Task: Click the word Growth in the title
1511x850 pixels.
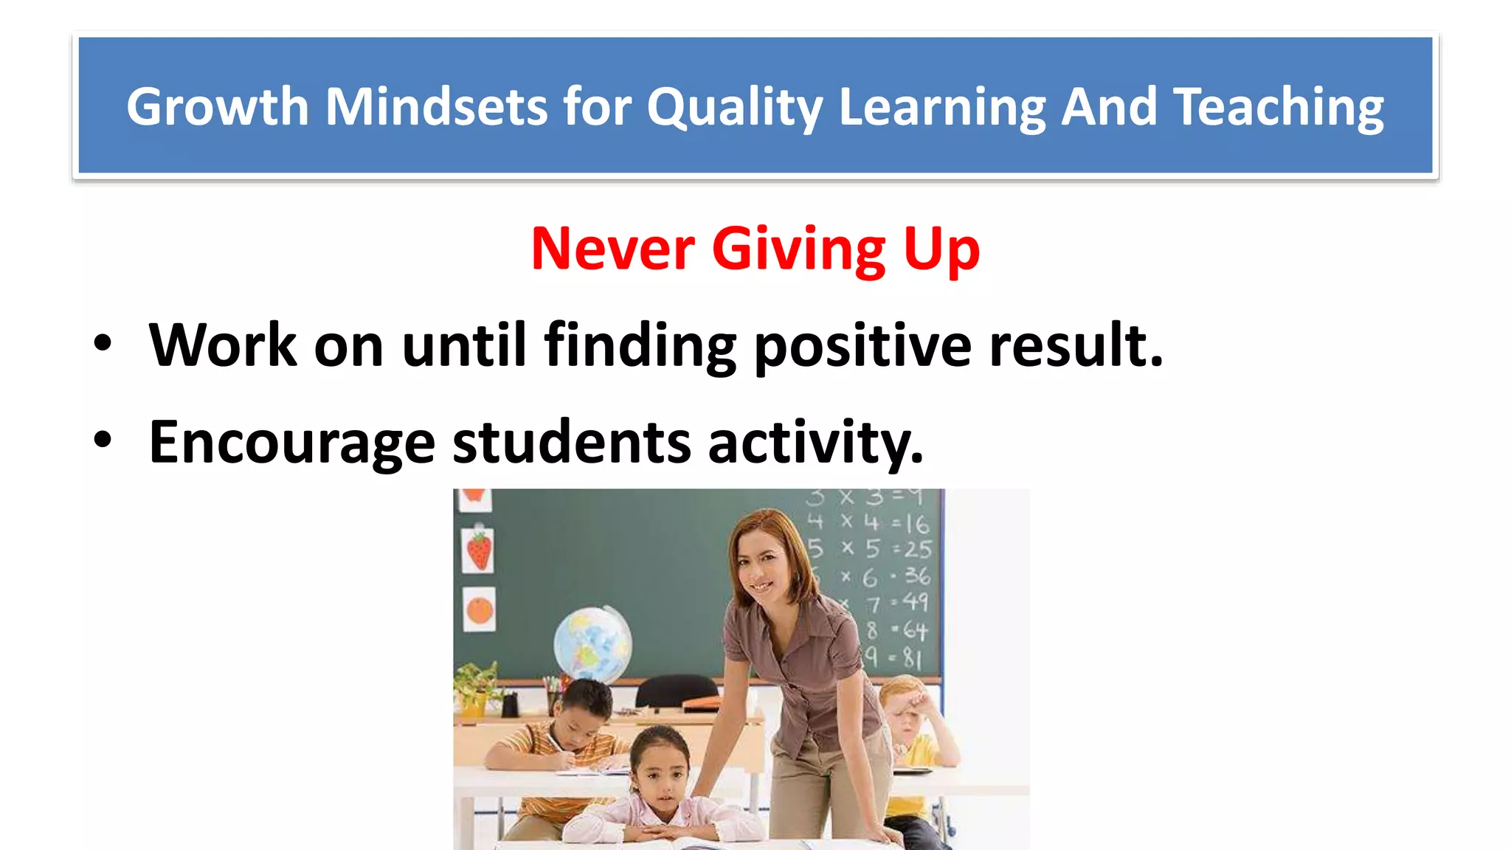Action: pos(217,107)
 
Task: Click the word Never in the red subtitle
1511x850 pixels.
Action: pos(612,249)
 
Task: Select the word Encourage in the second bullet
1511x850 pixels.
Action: pos(292,443)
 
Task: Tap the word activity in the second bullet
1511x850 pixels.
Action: pos(815,443)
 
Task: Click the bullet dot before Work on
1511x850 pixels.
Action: pos(103,344)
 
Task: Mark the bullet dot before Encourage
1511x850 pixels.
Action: pos(103,440)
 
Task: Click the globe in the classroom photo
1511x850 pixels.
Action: pos(592,642)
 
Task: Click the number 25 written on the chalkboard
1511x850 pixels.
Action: pos(918,550)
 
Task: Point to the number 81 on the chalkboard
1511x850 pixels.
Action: pos(912,657)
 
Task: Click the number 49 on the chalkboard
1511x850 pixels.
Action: pos(915,603)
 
